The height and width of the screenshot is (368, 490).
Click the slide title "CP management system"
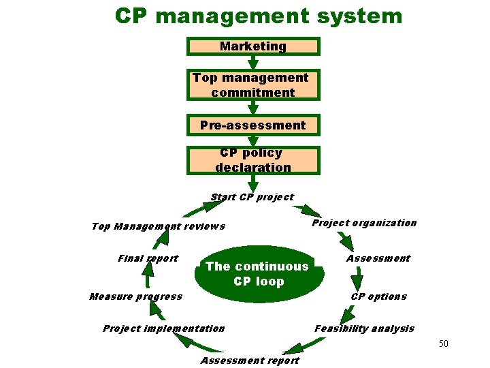(x=259, y=16)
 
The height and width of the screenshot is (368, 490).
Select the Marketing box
(x=253, y=46)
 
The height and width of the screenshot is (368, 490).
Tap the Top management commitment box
(x=253, y=85)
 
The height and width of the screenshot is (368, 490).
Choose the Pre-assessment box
(x=253, y=125)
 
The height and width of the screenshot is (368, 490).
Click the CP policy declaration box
(x=253, y=160)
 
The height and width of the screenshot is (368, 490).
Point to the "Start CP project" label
(x=252, y=197)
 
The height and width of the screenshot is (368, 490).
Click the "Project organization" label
(x=364, y=223)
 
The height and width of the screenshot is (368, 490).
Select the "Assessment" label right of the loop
(x=378, y=258)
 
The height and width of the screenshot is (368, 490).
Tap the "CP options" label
(x=378, y=296)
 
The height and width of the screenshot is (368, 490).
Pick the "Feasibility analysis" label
(x=364, y=328)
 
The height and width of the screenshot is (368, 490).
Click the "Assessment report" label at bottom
(x=250, y=361)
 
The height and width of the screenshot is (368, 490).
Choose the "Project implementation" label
(x=163, y=328)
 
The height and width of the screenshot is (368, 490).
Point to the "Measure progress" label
(x=136, y=296)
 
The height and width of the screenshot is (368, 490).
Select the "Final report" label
(x=148, y=258)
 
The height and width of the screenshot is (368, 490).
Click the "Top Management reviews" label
(x=158, y=226)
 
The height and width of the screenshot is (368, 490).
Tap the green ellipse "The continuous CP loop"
(x=257, y=274)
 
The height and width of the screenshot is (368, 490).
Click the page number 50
(x=443, y=343)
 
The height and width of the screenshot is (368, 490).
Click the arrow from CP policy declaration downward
(x=253, y=183)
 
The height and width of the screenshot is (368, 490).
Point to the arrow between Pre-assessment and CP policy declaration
(x=253, y=141)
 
